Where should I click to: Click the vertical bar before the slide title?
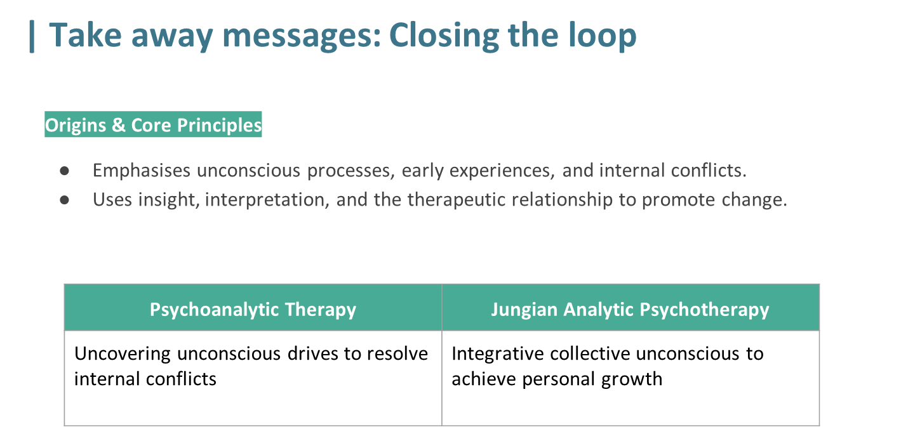[32, 37]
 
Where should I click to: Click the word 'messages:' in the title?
[302, 36]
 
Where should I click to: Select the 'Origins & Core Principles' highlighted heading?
[153, 124]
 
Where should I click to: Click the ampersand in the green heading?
[119, 125]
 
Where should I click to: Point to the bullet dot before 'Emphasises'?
[64, 171]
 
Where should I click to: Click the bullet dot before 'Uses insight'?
[64, 200]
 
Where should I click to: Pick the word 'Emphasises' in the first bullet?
[142, 171]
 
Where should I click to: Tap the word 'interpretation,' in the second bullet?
[267, 200]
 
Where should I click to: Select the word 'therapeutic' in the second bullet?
[457, 200]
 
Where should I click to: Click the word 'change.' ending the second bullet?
[754, 200]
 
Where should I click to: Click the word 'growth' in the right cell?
[632, 379]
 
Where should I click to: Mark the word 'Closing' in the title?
[444, 36]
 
